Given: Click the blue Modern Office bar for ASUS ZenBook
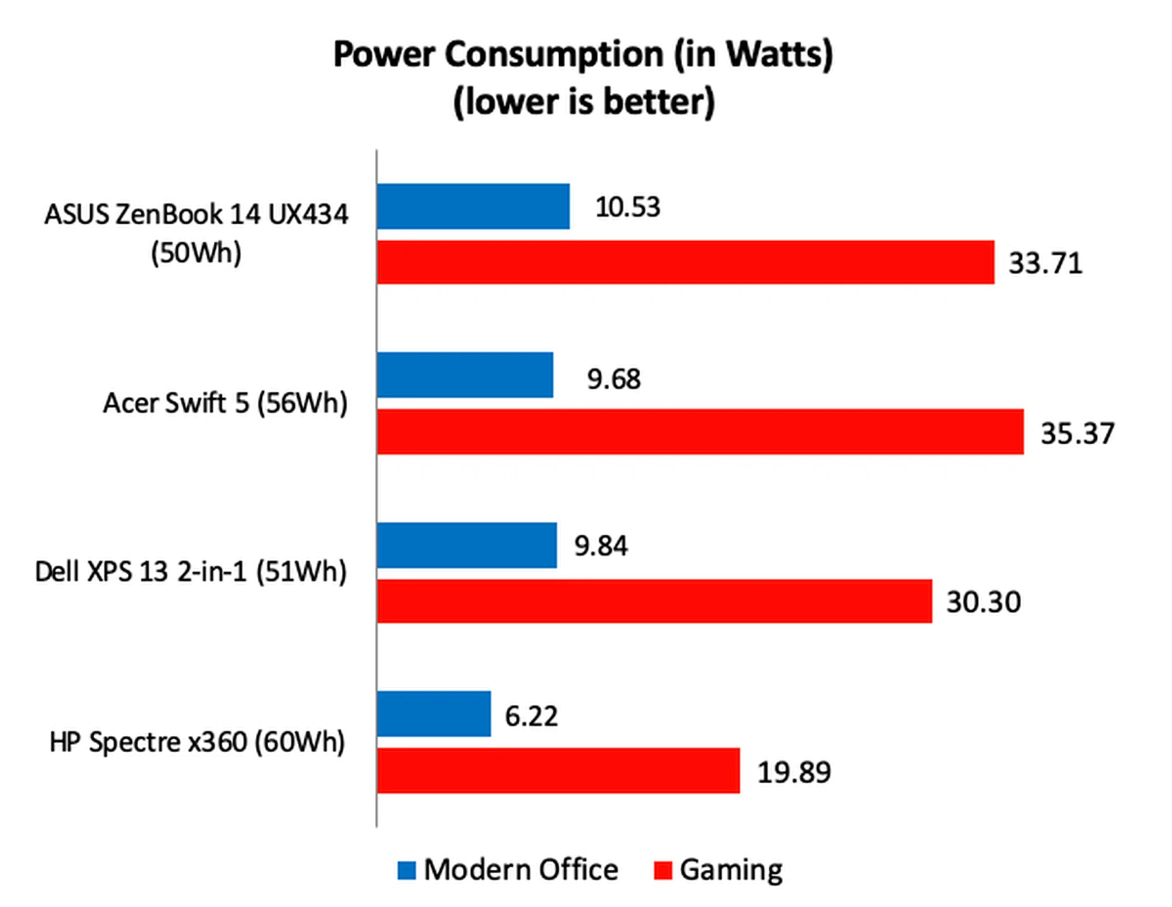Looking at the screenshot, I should [473, 206].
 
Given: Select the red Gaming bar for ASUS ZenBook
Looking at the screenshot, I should [685, 262].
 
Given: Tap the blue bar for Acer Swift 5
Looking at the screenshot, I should [465, 375].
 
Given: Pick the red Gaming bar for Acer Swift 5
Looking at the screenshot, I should [700, 432].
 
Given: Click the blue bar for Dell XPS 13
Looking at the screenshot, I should [466, 545].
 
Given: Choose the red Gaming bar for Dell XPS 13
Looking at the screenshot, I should [654, 601].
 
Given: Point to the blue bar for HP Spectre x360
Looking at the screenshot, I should [433, 714].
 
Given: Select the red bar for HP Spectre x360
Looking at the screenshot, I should [558, 771].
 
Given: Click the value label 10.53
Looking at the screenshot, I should [628, 207].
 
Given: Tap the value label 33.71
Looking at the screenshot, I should [1045, 263].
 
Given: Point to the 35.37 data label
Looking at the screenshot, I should [1077, 433].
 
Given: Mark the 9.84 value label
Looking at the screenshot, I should [601, 545].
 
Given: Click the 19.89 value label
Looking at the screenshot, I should [794, 772].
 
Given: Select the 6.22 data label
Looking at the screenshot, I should [531, 715].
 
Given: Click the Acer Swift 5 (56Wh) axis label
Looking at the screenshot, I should [225, 403].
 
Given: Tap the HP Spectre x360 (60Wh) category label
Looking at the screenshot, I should [197, 742].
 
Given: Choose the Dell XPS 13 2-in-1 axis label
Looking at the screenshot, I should [190, 572].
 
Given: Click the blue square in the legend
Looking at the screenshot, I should [407, 870].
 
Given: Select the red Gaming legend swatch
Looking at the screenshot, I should [662, 870].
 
